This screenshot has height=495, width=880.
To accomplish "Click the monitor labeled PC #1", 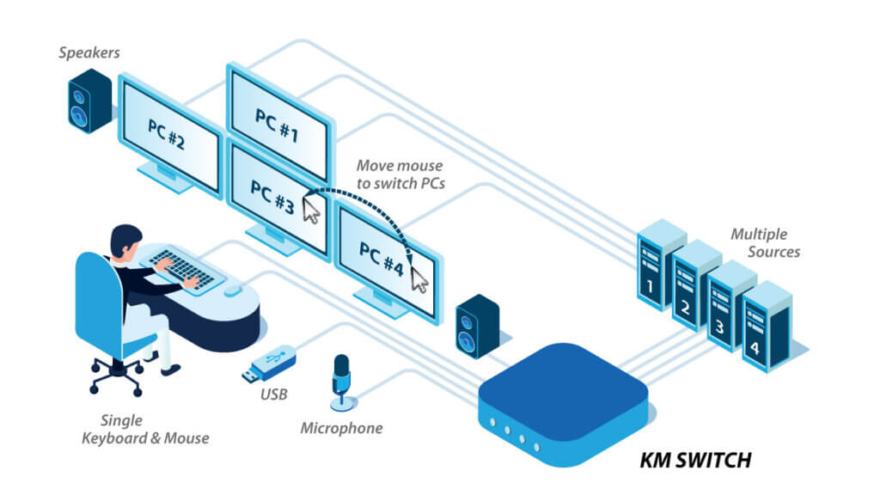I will pyautogui.click(x=278, y=116).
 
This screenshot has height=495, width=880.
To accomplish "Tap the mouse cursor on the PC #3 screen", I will pyautogui.click(x=311, y=208).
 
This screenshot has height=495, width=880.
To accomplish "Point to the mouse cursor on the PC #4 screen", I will pyautogui.click(x=419, y=278).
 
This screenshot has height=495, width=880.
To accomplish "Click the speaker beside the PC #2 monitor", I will pyautogui.click(x=89, y=101).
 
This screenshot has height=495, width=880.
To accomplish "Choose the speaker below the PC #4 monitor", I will pyautogui.click(x=477, y=327).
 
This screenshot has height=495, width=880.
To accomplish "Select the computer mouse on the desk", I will pyautogui.click(x=233, y=291).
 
